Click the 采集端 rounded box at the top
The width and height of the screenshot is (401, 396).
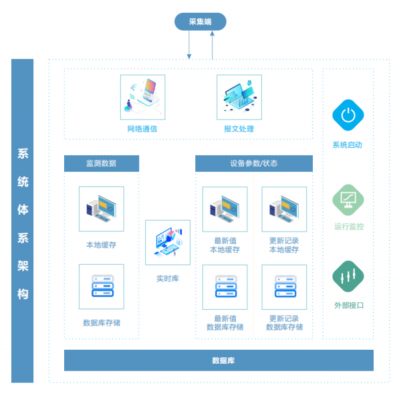200,22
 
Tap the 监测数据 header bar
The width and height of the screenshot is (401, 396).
102,163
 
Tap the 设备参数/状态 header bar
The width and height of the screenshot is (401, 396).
253,163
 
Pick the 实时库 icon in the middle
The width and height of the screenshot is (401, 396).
167,242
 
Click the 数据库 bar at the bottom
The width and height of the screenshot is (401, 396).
219,361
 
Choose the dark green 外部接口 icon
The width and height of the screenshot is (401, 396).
348,276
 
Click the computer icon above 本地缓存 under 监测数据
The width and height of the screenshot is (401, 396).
102,209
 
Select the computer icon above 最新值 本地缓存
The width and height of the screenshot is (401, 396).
225,209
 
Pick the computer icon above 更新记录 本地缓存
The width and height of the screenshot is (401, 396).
284,209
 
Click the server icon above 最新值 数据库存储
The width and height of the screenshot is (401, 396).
225,287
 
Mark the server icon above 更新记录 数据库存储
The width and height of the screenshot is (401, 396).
284,287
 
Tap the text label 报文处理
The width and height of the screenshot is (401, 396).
239,128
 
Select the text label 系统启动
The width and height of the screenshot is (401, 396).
348,144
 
